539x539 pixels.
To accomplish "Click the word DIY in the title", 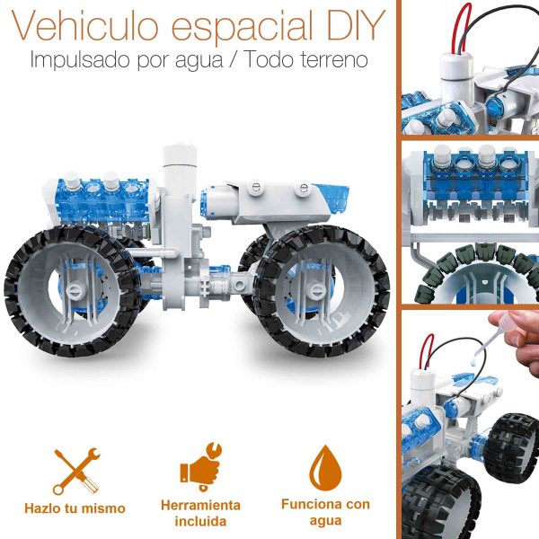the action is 356,26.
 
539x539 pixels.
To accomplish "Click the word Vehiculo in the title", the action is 85,25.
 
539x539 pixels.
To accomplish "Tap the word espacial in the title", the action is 242,29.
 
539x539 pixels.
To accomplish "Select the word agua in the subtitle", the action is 199,61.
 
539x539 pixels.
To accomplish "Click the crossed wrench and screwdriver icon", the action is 76,472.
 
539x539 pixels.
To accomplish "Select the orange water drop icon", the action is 325,467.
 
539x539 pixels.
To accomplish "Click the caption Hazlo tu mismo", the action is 75,508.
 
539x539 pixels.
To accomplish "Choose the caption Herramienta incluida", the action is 200,513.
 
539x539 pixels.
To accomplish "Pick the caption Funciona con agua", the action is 325,513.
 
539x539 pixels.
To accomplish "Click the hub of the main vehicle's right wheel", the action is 315,291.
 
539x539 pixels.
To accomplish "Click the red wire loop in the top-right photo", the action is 462,30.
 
